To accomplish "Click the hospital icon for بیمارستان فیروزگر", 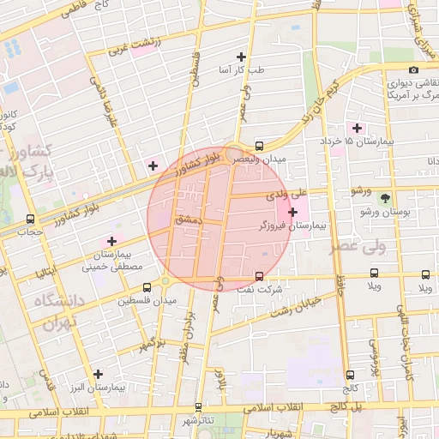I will pyautogui.click(x=293, y=211).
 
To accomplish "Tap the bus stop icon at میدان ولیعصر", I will pyautogui.click(x=259, y=146).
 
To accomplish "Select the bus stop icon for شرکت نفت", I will pyautogui.click(x=259, y=276).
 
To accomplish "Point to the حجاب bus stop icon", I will pyautogui.click(x=31, y=219).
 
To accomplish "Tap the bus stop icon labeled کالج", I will pyautogui.click(x=350, y=375).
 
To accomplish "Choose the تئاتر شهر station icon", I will pyautogui.click(x=199, y=407).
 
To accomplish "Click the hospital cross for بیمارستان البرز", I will pyautogui.click(x=99, y=374).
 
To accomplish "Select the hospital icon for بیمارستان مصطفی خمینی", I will pyautogui.click(x=111, y=241).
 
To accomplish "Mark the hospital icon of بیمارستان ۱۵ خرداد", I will pyautogui.click(x=357, y=128).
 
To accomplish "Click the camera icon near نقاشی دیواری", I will pyautogui.click(x=413, y=69).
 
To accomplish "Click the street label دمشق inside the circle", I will pyautogui.click(x=187, y=220).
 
